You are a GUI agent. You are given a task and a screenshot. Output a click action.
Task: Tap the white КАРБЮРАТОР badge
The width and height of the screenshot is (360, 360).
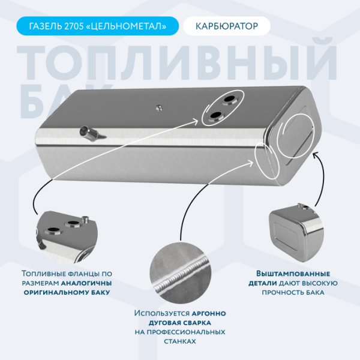(227, 26)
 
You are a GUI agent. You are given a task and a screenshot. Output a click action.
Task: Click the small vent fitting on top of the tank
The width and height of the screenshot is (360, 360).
(160, 108)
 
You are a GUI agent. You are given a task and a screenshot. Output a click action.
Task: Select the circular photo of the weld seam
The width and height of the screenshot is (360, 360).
(179, 271)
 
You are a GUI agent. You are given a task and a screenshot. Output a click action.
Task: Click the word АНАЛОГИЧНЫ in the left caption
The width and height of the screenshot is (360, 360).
(86, 283)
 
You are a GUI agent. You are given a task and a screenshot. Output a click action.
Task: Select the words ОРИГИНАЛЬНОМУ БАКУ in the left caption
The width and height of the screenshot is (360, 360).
(67, 293)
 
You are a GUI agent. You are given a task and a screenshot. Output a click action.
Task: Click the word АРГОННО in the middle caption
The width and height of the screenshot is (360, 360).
(208, 313)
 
